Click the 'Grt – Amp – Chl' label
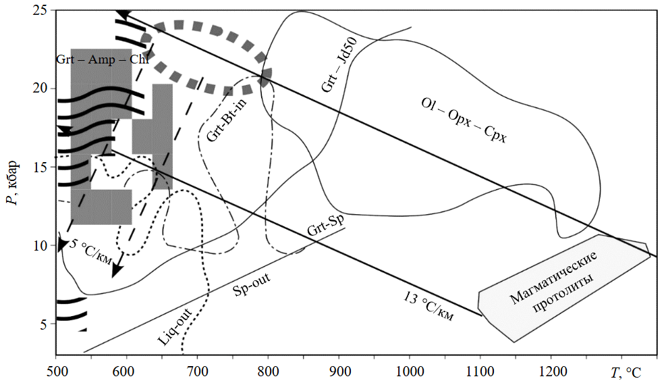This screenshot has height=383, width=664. tap(103, 59)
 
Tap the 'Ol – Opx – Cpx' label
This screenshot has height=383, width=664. tap(464, 120)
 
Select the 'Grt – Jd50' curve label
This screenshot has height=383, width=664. tap(339, 64)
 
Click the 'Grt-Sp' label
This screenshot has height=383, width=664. tap(325, 226)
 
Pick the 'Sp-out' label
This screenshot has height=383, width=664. tap(252, 285)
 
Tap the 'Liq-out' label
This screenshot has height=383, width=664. tap(175, 326)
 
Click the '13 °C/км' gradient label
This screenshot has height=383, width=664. tap(428, 307)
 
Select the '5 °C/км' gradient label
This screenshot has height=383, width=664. tap(90, 252)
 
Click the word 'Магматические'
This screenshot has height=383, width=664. tap(553, 278)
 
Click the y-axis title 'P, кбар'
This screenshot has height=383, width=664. tap(13, 182)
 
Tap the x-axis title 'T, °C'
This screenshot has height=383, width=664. tap(626, 373)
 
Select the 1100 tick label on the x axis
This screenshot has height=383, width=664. tap(480, 372)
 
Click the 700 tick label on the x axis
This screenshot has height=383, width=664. tap(197, 372)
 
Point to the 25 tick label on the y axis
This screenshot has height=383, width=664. tap(39, 9)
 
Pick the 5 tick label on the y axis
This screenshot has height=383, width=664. tap(43, 324)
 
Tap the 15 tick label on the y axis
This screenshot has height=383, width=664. tap(39, 167)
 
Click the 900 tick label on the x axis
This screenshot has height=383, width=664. tap(339, 372)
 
